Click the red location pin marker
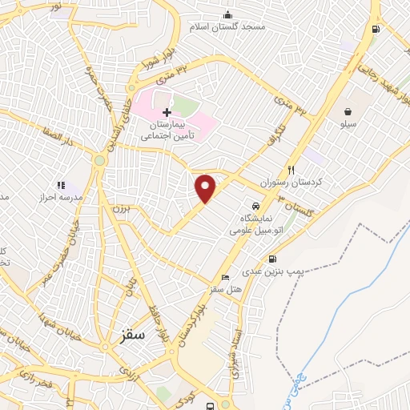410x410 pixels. pos(206,188)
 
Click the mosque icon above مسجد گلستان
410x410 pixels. pos(228,14)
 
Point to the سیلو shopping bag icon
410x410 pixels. pos(348,111)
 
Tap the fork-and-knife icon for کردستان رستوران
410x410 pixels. pos(291,170)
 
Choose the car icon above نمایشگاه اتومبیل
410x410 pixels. pos(256,206)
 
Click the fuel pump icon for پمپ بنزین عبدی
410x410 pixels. pos(273,259)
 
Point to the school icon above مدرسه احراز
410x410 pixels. pos(61,185)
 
